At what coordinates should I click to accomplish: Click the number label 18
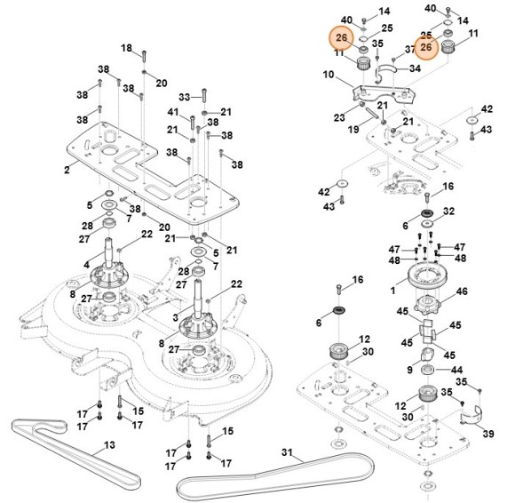126,48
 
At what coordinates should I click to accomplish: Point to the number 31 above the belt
286,453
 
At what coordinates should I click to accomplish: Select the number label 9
410,369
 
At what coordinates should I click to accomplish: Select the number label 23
338,116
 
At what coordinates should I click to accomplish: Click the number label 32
448,212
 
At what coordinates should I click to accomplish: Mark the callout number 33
184,96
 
